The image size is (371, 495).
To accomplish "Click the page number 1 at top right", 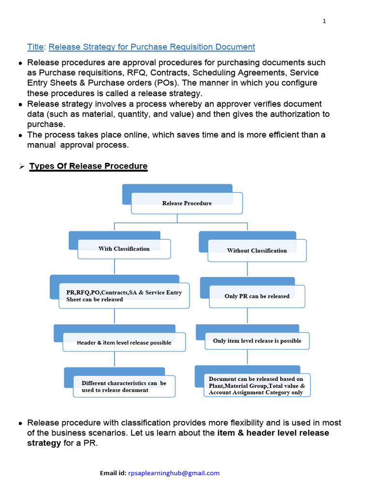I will pos(324,21).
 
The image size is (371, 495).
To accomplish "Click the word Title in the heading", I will pos(35,47).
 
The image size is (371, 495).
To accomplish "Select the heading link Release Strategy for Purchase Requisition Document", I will pos(152,47).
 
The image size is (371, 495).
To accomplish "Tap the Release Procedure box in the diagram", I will pos(186,203).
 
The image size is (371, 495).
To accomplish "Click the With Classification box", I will pos(124,249).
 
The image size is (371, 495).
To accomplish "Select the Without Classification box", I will pos(257,251).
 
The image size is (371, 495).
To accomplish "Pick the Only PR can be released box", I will pos(257,296).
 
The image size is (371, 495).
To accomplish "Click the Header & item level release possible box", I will pos(124,343).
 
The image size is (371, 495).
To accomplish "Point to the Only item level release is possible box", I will pos(257,341).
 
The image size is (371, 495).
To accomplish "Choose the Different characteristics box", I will pos(124,386).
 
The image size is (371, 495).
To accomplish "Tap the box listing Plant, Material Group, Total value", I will pos(257,385).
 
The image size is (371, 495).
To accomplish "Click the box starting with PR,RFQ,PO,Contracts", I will pos(124,296).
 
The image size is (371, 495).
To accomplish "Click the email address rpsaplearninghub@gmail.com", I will pos(174,473).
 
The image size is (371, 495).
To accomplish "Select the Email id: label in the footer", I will pos(113,473).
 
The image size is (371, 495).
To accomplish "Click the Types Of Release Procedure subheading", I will pos(88,166).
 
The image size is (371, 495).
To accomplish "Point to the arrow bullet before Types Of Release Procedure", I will pos(21,166).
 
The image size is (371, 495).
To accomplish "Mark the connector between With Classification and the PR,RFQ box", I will pos(114,267).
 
